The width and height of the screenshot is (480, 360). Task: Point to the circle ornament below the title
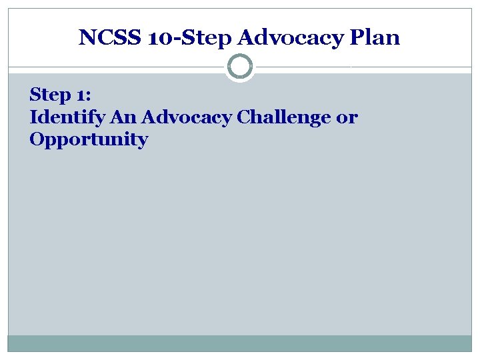239,67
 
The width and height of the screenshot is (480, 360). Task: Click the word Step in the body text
48,96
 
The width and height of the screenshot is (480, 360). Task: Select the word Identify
67,118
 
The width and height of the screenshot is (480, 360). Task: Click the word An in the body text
121,118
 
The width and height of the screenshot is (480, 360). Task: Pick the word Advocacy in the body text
186,118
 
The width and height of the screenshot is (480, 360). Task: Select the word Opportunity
89,140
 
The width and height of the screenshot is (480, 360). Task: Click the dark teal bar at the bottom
239,343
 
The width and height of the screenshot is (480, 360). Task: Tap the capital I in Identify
34,117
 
